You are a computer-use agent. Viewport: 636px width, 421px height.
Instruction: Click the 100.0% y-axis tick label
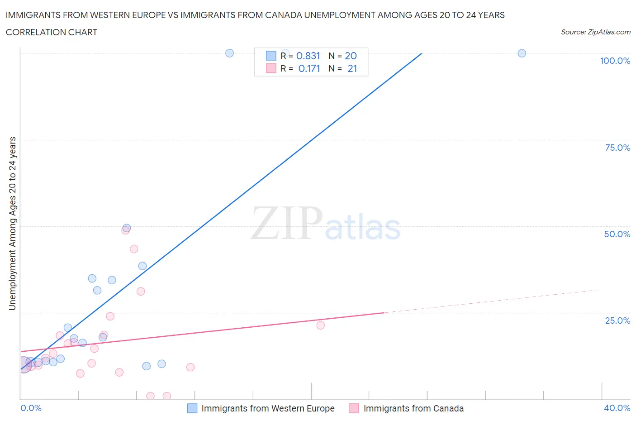pos(615,61)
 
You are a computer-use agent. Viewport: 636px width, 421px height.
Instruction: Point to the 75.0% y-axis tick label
pos(617,148)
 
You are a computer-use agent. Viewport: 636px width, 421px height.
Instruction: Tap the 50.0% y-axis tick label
pos(617,234)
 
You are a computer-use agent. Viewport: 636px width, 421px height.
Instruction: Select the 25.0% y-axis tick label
pos(617,321)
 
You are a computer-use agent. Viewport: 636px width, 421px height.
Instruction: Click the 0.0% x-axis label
pos(31,408)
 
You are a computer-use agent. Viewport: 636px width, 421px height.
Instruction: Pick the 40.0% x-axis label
pos(617,408)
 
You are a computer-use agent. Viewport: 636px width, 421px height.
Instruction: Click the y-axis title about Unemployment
pos(12,224)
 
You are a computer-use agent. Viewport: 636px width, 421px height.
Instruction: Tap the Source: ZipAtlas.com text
pos(595,32)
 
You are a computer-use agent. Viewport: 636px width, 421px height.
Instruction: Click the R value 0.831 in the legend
pos(308,56)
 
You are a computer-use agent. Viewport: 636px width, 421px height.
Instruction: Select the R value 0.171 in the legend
pos(309,68)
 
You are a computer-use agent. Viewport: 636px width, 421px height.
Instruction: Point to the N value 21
pos(352,68)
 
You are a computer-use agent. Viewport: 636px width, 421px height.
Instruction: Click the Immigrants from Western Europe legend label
pos(268,408)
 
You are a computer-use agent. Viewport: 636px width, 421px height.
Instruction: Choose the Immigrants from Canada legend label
pos(413,408)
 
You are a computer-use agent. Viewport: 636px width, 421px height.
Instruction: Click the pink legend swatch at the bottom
pos(354,408)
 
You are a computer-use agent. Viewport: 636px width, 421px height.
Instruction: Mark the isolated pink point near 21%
pos(320,325)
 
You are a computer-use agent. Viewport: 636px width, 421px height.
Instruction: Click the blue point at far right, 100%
pos(522,53)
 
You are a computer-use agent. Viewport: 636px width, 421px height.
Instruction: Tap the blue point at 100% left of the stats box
pos(229,53)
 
